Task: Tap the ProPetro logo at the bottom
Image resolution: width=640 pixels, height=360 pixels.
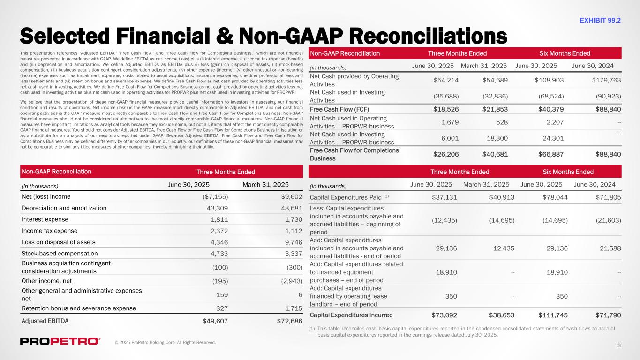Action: [60, 341]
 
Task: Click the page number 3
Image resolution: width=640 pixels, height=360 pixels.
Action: [619, 346]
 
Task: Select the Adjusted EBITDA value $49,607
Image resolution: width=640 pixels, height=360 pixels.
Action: [215, 321]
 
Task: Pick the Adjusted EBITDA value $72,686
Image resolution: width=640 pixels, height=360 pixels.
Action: [289, 321]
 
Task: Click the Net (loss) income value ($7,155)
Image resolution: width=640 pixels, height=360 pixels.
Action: [215, 196]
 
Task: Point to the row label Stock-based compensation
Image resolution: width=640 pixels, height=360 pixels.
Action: [59, 254]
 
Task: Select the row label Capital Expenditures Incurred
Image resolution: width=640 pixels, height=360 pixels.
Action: [351, 315]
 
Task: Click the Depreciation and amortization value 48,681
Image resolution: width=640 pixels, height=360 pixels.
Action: [291, 208]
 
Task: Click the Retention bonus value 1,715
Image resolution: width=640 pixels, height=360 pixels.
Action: [293, 308]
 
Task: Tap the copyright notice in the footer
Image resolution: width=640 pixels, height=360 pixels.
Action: [165, 343]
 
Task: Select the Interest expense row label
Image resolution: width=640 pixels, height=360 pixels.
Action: [45, 219]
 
